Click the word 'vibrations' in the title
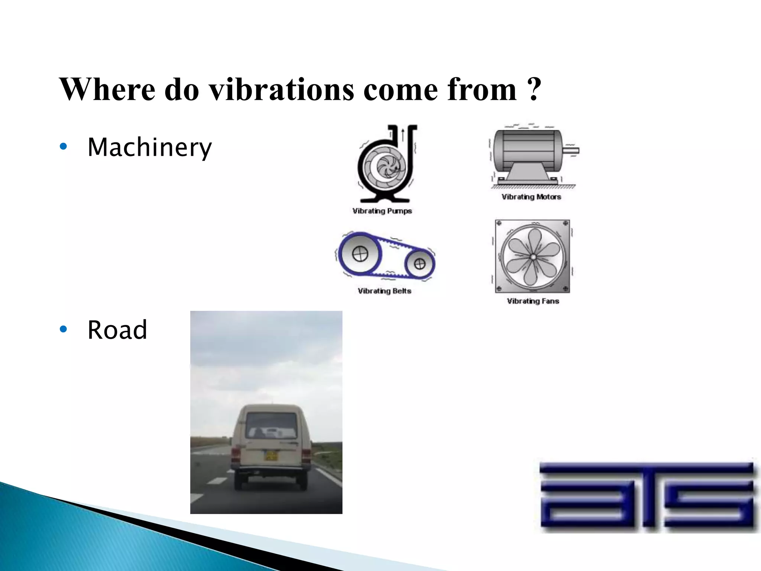point(282,90)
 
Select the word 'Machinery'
point(149,148)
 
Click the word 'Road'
point(117,330)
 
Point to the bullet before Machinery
point(64,147)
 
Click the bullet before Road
point(64,329)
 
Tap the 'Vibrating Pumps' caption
point(382,211)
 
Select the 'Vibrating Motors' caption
point(531,197)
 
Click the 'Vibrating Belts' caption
point(384,291)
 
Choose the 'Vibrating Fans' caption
point(533,301)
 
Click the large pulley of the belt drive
point(359,254)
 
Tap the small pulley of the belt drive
point(420,264)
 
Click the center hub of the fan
point(532,257)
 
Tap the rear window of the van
point(271,426)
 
